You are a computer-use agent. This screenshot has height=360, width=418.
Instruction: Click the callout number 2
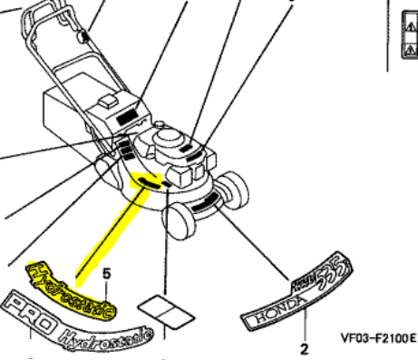[304, 345]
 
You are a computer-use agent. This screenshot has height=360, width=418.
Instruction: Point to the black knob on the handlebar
[85, 37]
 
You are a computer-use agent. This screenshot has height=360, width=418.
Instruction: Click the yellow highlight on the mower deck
[143, 181]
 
